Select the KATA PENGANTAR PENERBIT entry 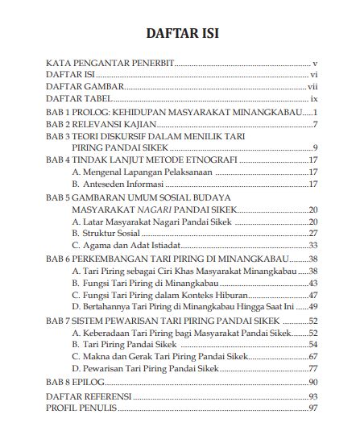[x=109, y=61]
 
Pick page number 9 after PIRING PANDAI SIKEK [x=315, y=148]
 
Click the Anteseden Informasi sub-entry [x=122, y=184]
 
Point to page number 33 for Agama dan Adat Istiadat [x=313, y=246]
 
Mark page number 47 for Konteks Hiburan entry [x=313, y=295]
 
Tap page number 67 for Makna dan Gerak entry [x=313, y=356]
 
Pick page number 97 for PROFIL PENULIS [x=313, y=408]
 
